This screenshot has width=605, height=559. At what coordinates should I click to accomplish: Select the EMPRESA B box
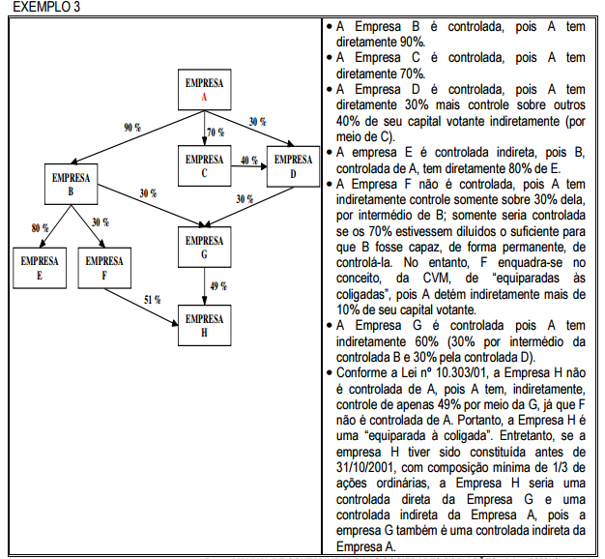tap(72, 186)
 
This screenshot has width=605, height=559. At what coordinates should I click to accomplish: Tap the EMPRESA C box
tap(205, 166)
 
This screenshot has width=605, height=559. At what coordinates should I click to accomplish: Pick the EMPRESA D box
tap(293, 166)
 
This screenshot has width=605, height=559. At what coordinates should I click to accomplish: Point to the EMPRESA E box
tap(39, 269)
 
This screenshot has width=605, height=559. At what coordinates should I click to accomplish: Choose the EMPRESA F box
tap(104, 269)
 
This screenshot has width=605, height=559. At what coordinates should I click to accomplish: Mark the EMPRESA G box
tap(205, 248)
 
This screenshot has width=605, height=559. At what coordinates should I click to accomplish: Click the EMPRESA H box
tap(205, 325)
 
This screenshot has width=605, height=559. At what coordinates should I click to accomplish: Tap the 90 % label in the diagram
tap(132, 128)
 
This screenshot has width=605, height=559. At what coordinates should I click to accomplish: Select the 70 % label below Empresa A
tap(216, 132)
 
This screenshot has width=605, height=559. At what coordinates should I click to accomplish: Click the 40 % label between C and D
tap(249, 161)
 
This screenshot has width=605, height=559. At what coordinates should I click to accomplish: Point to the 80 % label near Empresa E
tap(40, 228)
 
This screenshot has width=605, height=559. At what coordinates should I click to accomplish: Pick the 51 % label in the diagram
tap(153, 300)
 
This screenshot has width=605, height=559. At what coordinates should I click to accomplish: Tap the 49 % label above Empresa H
tap(218, 286)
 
